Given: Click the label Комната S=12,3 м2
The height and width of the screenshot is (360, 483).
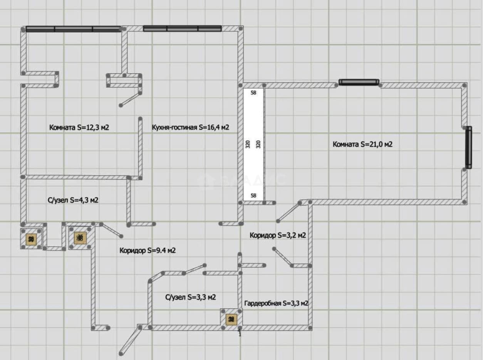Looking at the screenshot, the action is [79, 127].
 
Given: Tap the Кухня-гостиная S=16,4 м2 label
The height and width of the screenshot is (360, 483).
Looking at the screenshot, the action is [191, 127].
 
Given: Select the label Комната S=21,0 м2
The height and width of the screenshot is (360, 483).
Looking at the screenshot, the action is [362, 144].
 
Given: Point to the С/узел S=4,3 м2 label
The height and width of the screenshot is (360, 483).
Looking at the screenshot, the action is [73, 200].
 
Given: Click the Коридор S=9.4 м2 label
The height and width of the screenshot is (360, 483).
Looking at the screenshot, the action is [148, 251].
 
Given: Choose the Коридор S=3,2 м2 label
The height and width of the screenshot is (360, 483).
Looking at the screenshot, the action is [278, 236].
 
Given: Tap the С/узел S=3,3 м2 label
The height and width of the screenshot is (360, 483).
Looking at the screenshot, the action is [191, 297].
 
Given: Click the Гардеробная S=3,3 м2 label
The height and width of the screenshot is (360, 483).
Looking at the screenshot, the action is [276, 303].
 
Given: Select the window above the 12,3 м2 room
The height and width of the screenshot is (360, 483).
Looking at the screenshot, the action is [73, 29].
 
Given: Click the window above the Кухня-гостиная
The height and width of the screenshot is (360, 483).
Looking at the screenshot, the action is [182, 29].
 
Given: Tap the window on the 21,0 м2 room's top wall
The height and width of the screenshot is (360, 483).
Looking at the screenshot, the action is [359, 82].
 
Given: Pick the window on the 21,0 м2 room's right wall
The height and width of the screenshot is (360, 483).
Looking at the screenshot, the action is [469, 148].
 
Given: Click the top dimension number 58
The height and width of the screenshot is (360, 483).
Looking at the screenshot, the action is [253, 93].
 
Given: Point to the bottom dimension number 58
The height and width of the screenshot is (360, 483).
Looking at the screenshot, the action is [253, 195].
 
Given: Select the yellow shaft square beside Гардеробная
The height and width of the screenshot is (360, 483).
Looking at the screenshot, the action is [231, 319].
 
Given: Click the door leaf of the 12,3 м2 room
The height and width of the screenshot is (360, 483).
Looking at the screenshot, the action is [131, 99].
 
